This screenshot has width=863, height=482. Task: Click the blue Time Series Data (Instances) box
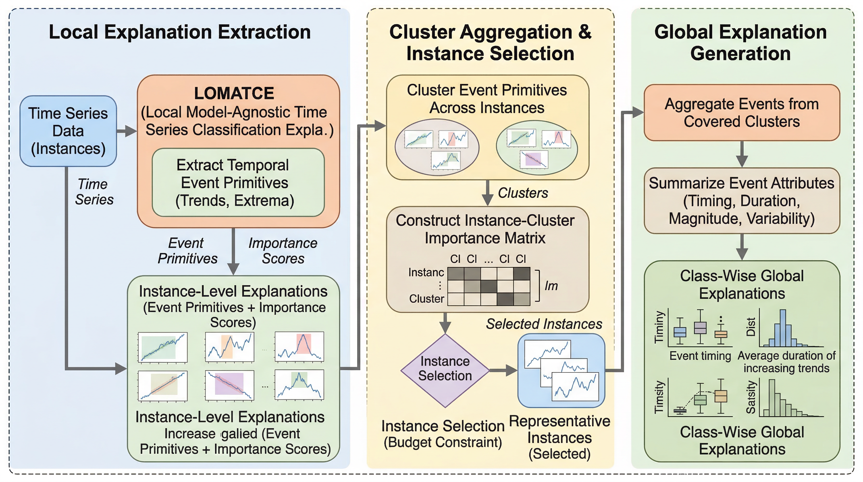(x=68, y=131)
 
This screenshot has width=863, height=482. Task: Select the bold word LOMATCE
(x=234, y=93)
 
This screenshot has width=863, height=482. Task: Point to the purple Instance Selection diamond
(x=445, y=370)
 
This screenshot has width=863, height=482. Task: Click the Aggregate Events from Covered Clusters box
(x=742, y=113)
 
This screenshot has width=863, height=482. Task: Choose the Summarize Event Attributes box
(x=742, y=201)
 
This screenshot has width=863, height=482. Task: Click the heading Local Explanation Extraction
(x=180, y=32)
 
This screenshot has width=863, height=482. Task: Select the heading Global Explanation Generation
(x=740, y=43)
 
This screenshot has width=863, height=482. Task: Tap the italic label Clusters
(x=523, y=193)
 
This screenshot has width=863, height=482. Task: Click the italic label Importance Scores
(x=283, y=251)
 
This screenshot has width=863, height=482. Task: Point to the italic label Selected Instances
(x=544, y=324)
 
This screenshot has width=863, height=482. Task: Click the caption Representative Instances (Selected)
(x=559, y=437)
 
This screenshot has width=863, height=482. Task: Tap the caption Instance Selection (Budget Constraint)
(x=443, y=434)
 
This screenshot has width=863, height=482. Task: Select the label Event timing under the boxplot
(x=700, y=356)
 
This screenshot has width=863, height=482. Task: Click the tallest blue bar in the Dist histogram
(x=783, y=328)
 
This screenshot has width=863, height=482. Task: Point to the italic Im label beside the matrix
(x=551, y=286)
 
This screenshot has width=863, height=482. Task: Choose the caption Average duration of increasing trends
(x=786, y=362)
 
